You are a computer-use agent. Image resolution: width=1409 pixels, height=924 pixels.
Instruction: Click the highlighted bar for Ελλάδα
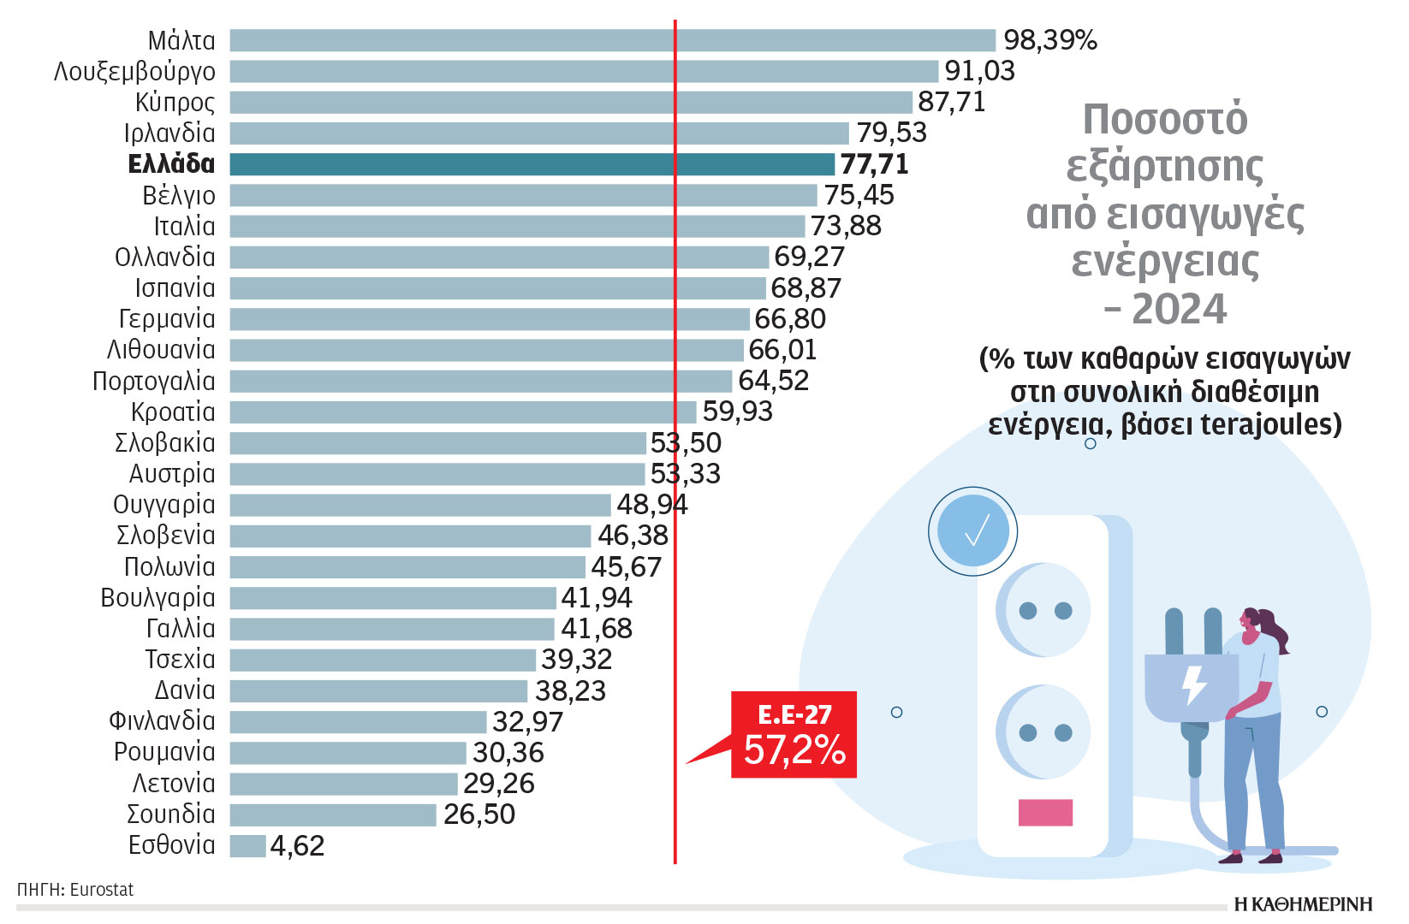[x=531, y=164]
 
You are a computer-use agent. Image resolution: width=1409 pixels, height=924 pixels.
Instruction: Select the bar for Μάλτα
[x=612, y=40]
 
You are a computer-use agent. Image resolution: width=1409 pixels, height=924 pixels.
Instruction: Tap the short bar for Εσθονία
[x=247, y=846]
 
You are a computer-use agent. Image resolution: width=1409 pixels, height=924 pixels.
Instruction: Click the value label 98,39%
[x=1049, y=40]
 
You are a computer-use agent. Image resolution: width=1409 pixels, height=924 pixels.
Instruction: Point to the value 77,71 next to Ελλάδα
[x=874, y=164]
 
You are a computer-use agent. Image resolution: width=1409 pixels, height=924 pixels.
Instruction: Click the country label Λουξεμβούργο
[x=134, y=72]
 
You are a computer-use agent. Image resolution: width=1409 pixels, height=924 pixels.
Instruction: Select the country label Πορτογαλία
[x=154, y=382]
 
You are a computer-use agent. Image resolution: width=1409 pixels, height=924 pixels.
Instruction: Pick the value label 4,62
[x=297, y=846]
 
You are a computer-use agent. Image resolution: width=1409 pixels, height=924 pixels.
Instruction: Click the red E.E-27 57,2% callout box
[x=794, y=735]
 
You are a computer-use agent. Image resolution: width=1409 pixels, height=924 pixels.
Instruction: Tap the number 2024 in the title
[x=1179, y=309]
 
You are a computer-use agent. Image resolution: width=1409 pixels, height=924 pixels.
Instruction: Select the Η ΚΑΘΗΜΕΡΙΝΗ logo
[x=1302, y=904]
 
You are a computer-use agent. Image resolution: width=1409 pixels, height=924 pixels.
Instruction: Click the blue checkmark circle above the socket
[x=973, y=531]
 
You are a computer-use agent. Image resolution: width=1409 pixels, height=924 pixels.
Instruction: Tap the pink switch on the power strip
[x=1045, y=812]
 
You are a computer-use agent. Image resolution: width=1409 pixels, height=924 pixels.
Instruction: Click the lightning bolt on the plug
[x=1193, y=685]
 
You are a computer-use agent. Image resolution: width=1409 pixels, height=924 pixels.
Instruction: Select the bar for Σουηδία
[x=333, y=814]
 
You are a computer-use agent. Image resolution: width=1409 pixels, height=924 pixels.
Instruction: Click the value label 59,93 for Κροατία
[x=737, y=412]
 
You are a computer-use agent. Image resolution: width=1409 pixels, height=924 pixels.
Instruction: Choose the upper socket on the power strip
[x=1044, y=610]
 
